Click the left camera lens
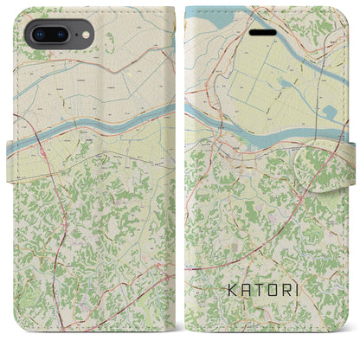(x=39, y=35)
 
